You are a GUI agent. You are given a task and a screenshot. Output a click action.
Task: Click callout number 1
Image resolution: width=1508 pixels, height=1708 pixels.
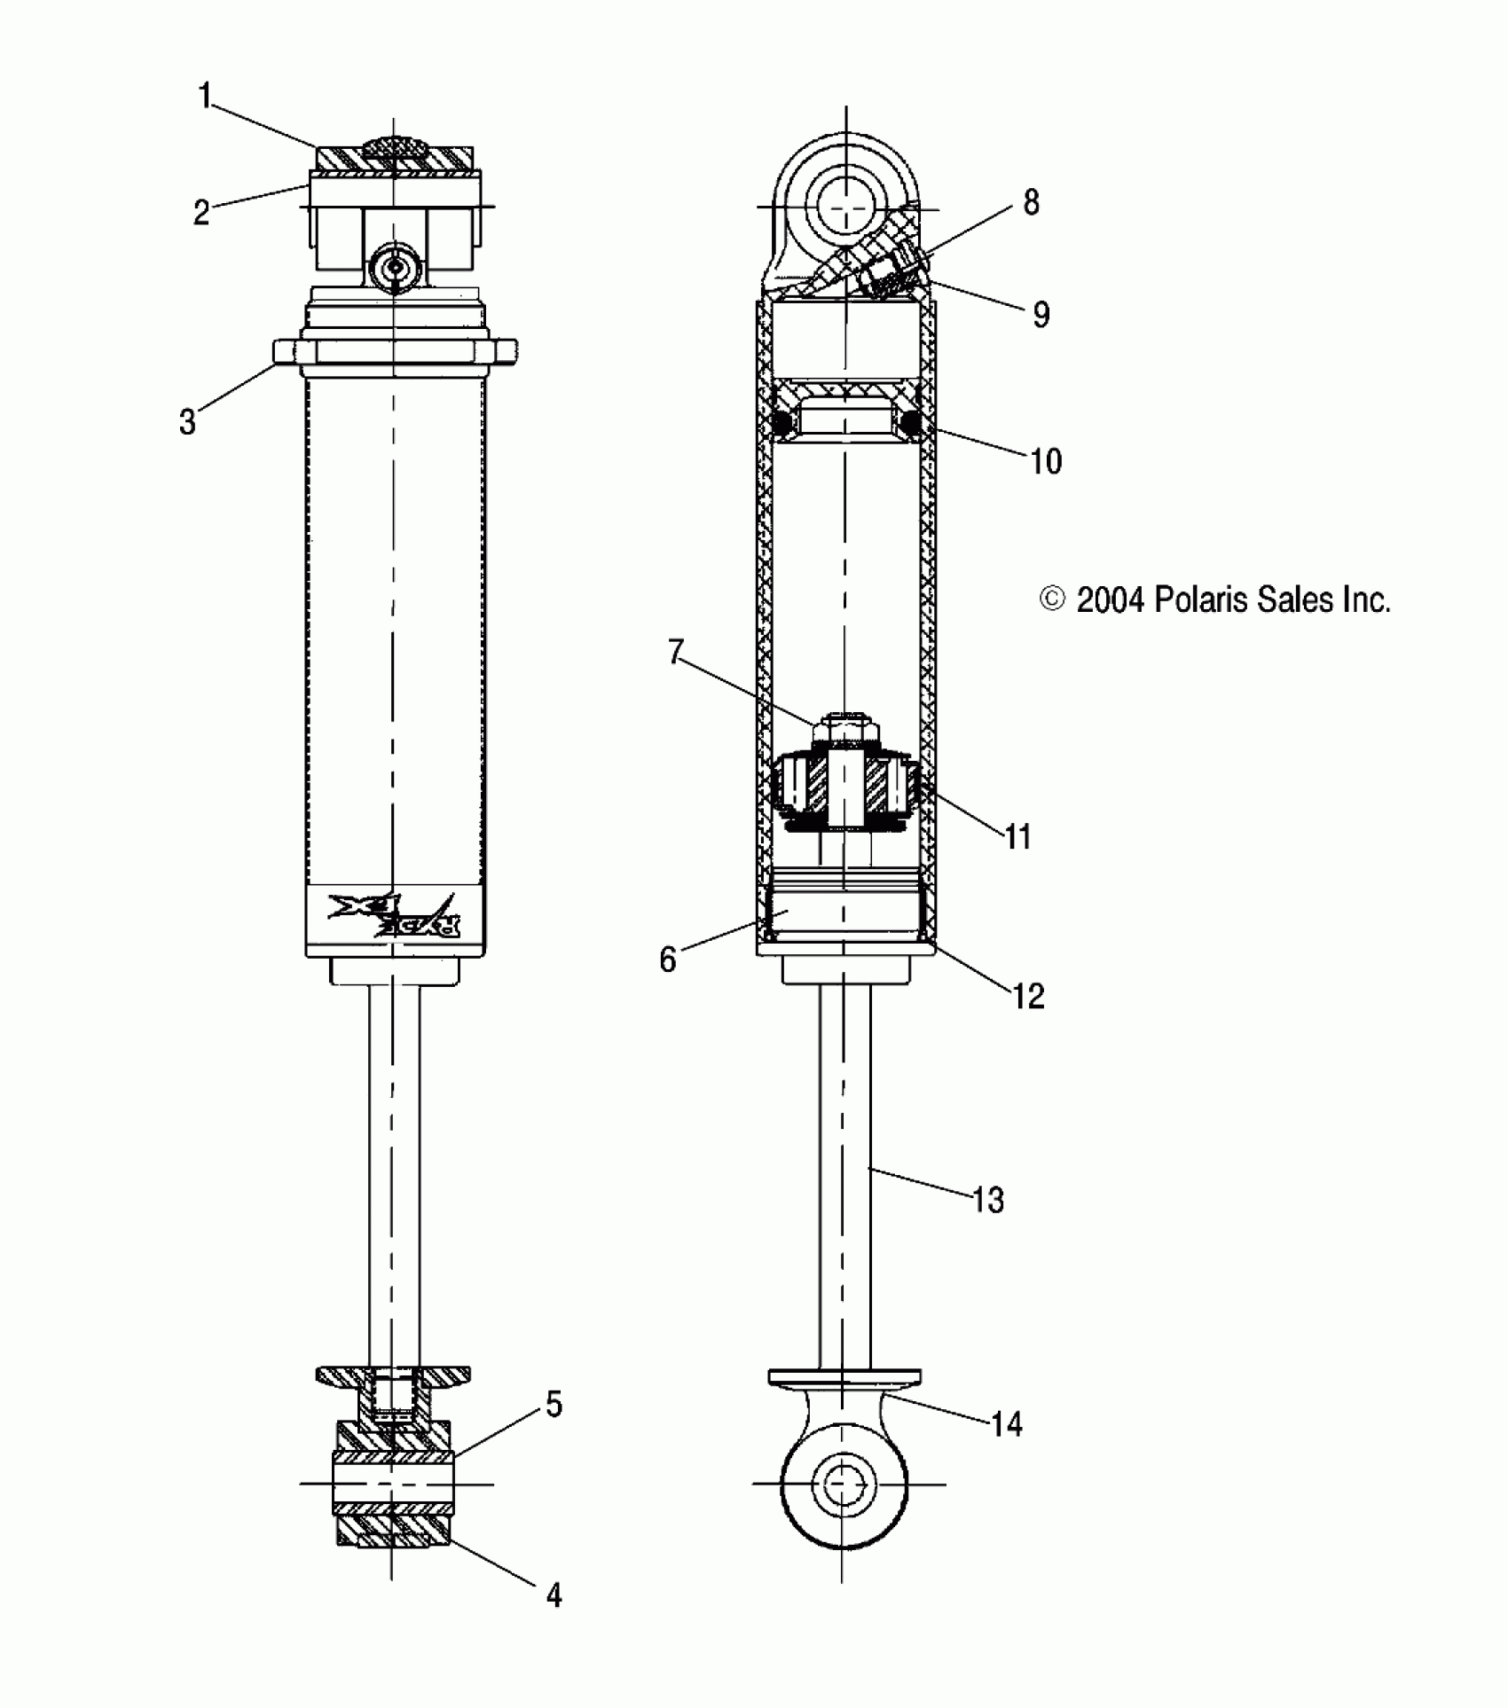pos(205,95)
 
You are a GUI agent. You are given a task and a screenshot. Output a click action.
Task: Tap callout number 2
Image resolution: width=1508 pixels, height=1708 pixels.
pos(202,213)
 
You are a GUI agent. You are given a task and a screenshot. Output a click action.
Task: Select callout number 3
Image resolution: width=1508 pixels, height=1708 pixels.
pos(187,422)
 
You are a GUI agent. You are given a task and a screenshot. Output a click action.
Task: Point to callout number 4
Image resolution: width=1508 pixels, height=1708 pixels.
pos(554,1595)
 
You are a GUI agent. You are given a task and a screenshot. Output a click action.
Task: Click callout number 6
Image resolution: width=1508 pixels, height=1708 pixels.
pos(668,960)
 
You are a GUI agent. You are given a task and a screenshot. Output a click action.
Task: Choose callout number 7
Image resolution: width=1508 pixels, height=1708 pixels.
pos(676,653)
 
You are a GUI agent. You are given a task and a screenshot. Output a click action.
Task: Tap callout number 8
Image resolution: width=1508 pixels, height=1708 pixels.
pos(1031,203)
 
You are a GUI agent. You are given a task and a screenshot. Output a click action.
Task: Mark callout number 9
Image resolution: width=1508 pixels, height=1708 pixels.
pos(1041,314)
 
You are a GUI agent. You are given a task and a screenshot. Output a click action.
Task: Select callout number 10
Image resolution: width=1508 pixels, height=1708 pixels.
pos(1046,461)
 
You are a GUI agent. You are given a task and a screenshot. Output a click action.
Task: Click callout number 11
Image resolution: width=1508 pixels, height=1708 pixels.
pos(1017,836)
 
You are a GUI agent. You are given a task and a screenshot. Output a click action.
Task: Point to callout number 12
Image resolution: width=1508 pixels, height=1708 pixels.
pos(1029,996)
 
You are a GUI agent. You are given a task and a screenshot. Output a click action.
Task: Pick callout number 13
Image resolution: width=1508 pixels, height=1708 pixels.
pos(988,1200)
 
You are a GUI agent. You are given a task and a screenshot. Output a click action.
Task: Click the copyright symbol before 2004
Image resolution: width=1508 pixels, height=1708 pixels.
pos(1052,599)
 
